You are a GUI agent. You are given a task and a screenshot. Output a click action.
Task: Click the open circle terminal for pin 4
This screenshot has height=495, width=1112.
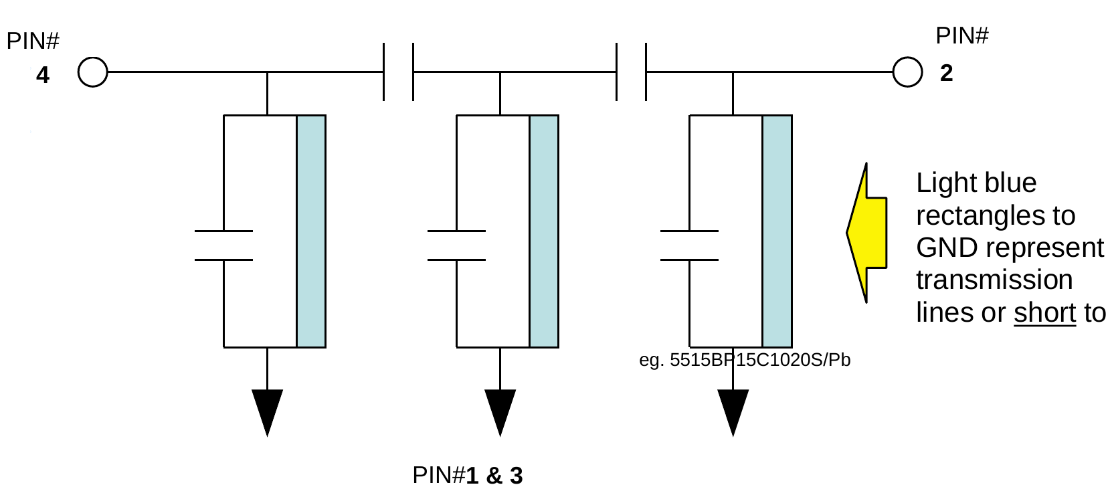coord(93,72)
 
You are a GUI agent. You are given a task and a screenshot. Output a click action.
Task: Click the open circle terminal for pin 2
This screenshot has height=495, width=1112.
coord(907,72)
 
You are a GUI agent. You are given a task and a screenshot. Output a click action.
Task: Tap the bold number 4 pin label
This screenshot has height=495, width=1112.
coord(43,75)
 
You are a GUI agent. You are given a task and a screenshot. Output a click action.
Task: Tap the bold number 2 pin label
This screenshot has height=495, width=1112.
coord(945,73)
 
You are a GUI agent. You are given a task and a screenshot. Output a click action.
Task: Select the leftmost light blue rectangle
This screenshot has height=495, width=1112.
coord(311,231)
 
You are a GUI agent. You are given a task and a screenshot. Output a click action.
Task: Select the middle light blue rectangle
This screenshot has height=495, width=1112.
coord(544,231)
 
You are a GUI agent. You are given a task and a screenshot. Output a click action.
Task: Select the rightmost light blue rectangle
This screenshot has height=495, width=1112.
coord(777,231)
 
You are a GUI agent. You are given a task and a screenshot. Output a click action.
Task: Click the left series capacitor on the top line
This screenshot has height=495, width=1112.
coord(399,72)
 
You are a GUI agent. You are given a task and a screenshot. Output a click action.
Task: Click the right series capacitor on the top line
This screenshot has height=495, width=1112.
coord(632,72)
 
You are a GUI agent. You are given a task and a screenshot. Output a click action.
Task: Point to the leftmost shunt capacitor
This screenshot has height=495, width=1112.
coord(223,245)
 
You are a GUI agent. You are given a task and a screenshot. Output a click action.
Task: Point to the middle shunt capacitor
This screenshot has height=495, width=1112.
coord(456,245)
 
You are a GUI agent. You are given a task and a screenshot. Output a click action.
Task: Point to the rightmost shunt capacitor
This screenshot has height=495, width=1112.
coord(689,245)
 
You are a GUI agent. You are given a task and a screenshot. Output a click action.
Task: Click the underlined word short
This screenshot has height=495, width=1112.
coord(1044,313)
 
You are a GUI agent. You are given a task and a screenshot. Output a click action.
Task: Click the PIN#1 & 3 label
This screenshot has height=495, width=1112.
coord(468,476)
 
